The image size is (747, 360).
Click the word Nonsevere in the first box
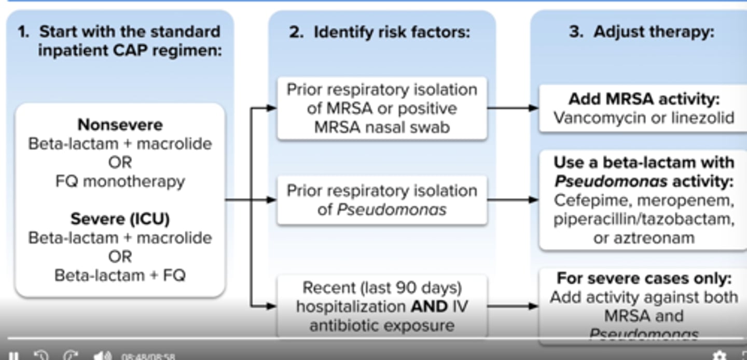[120, 125]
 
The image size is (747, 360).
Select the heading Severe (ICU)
[120, 219]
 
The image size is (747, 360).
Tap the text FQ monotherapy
[120, 182]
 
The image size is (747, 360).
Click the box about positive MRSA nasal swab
[382, 108]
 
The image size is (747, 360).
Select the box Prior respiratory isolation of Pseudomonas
[382, 200]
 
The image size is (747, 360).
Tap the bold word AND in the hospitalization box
[429, 307]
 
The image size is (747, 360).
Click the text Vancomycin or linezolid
[644, 118]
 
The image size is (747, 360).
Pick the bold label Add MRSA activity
[644, 99]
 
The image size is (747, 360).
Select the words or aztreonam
[644, 238]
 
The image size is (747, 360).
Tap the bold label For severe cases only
[644, 279]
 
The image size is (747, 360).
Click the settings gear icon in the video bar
[719, 356]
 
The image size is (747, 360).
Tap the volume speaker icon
[102, 356]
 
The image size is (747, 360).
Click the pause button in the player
[14, 356]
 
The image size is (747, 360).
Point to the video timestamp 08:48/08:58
[148, 357]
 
